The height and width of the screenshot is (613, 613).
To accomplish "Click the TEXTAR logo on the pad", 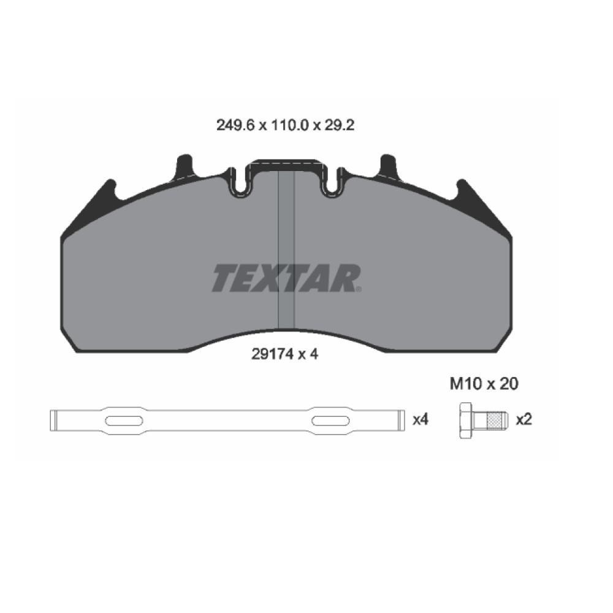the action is click(286, 278).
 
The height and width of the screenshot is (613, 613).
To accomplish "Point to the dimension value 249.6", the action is click(235, 126).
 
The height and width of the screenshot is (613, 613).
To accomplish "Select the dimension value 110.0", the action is click(290, 126).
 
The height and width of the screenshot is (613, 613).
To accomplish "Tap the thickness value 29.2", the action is click(340, 126).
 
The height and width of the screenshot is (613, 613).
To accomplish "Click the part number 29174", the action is click(272, 354).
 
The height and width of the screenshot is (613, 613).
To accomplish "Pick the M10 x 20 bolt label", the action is click(484, 384).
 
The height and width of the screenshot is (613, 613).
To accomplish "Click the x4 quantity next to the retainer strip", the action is click(421, 420).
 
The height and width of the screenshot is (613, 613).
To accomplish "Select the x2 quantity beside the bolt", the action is click(524, 420).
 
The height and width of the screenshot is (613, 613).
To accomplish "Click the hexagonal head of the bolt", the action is click(466, 421).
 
